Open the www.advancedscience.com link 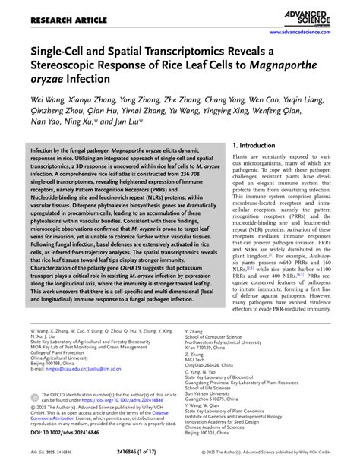click(x=314, y=33)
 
